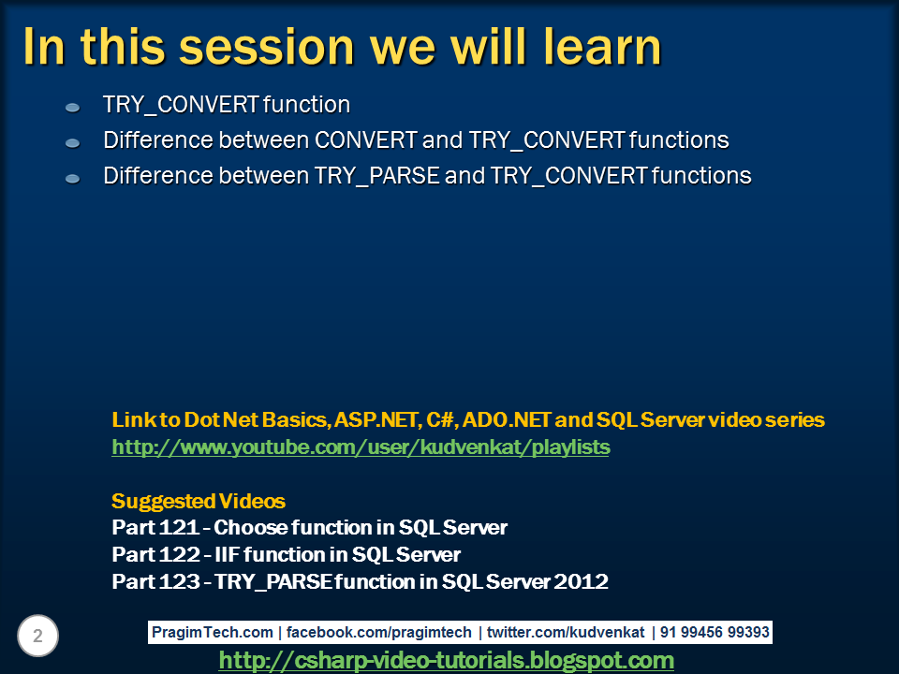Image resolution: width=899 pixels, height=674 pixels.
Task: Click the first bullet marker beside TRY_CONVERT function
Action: coord(73,108)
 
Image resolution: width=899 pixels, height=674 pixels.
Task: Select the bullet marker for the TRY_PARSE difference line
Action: coord(73,178)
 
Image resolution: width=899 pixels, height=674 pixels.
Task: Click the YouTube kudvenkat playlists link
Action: coord(361,447)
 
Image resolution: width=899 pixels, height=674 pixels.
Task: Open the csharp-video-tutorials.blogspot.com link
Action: coord(446,661)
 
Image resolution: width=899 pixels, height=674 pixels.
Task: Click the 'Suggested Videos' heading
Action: coord(199,501)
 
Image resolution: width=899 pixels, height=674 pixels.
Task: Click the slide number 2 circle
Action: coord(37,637)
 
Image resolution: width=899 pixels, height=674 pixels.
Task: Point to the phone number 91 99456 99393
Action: coord(715,633)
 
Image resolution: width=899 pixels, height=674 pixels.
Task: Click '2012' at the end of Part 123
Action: coord(581,582)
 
